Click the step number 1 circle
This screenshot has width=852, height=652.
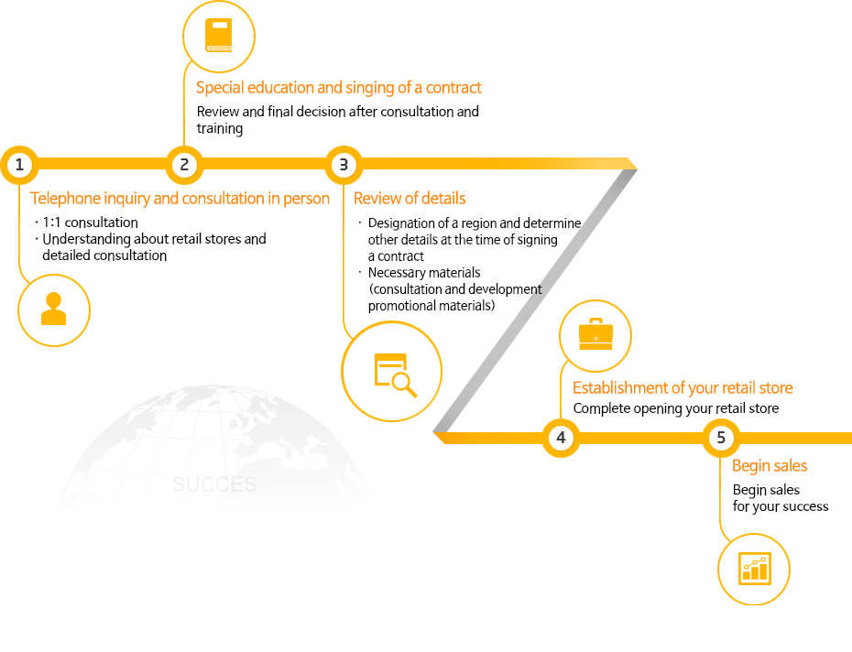[x=18, y=165]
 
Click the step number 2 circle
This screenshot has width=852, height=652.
[x=184, y=165]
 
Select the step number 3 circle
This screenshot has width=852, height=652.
[x=344, y=165]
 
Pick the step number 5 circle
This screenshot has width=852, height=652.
[x=721, y=438]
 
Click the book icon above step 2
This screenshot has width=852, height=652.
[x=218, y=37]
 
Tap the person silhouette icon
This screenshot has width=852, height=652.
[x=54, y=310]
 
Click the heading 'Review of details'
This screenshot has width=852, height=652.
[x=410, y=199]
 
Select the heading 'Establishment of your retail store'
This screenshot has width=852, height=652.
[x=683, y=388]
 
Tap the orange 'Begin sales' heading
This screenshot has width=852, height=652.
[x=770, y=466]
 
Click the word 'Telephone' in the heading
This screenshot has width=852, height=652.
[x=63, y=199]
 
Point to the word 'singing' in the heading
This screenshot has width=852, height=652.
[x=370, y=88]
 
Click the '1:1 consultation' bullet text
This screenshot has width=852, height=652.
[x=91, y=223]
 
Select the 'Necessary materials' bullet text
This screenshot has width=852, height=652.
[x=424, y=273]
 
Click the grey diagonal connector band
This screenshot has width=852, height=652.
[x=535, y=301]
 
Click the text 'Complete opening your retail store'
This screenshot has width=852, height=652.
[x=676, y=408]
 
